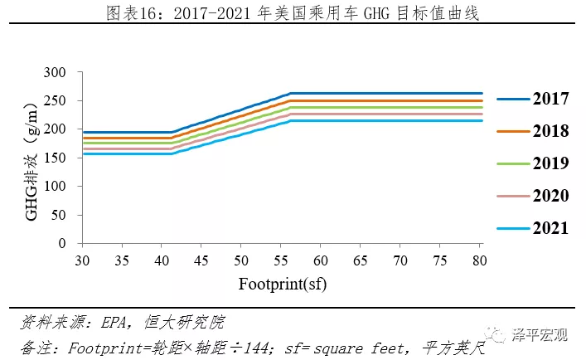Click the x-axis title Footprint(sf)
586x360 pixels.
(x=283, y=285)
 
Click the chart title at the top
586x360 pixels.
(x=293, y=14)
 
